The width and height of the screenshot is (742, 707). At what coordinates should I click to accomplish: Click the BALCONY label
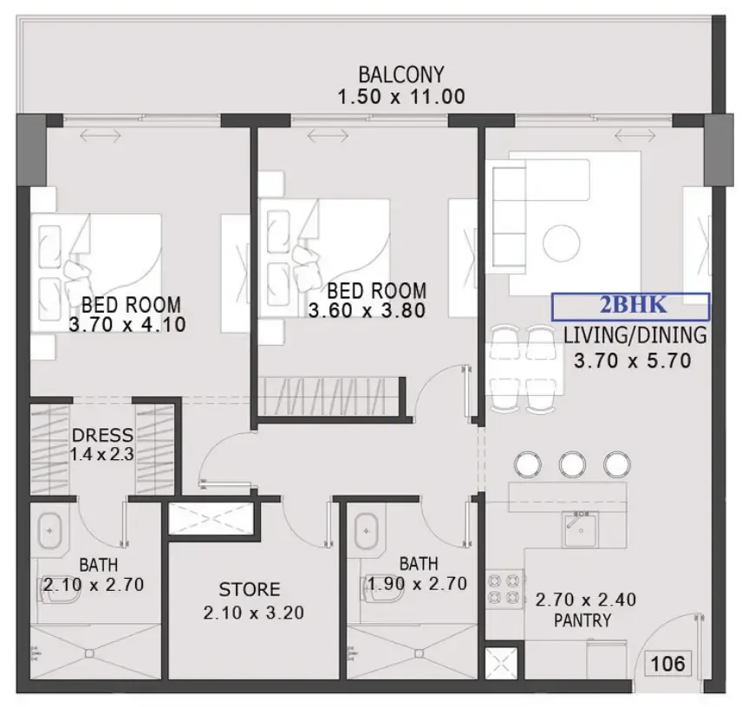coord(401,75)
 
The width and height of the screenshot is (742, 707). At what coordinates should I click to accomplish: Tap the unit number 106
coord(667,664)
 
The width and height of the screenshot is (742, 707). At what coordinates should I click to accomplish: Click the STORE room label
coord(250,590)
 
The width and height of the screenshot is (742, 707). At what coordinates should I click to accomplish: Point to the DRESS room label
coord(102,435)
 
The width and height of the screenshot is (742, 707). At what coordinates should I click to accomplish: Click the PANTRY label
coord(583,620)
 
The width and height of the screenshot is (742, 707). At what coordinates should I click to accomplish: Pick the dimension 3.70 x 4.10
coord(127,325)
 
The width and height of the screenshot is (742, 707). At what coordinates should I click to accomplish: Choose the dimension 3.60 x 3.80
coord(367,311)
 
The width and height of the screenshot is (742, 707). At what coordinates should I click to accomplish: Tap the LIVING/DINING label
coord(635,335)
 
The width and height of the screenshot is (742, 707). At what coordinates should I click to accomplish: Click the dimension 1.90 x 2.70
coord(418,584)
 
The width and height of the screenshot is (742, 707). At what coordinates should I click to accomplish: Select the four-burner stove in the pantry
coord(504,589)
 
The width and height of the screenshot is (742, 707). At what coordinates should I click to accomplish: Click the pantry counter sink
coord(581,529)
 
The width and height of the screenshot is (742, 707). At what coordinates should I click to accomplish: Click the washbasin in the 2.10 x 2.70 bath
coord(49,530)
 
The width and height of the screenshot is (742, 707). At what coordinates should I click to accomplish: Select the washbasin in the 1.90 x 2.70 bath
coord(367,530)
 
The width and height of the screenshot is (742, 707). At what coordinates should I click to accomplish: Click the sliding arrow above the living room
coord(635,136)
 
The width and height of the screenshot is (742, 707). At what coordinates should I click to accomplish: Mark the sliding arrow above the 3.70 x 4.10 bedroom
coord(100,136)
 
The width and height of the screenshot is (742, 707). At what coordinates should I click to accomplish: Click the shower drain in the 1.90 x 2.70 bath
coord(420,653)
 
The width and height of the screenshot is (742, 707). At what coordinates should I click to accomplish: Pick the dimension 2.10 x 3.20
coord(254,613)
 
